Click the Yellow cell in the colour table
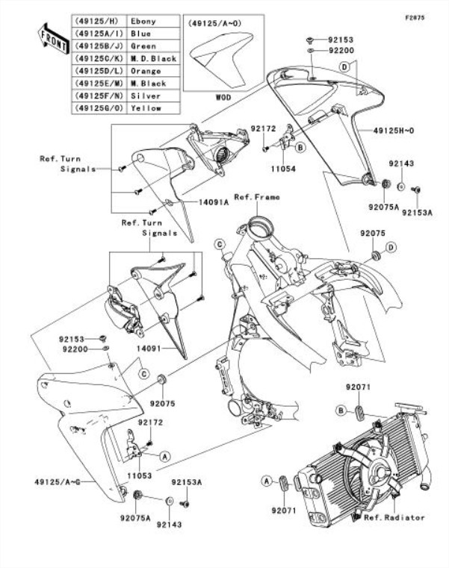click(145, 109)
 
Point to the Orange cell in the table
click(145, 72)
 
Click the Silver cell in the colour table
click(145, 96)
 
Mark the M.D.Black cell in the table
click(152, 59)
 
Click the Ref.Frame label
click(258, 197)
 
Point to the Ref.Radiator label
click(394, 517)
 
